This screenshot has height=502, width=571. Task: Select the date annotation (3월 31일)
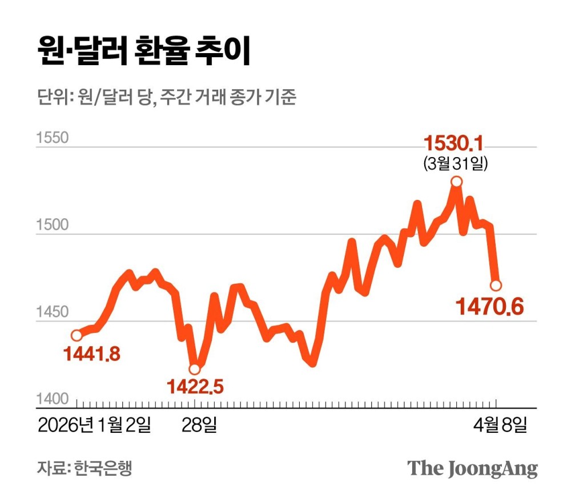point(455,164)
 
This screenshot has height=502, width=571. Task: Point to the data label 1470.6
point(489,307)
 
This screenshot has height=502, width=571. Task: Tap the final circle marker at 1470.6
point(496,284)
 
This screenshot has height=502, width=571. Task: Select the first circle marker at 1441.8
point(77,335)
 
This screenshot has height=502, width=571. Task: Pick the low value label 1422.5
point(195,387)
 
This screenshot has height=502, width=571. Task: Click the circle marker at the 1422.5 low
point(195,369)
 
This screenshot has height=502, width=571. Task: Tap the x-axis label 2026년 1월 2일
point(95,425)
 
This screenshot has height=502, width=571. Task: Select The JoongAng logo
point(472,468)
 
